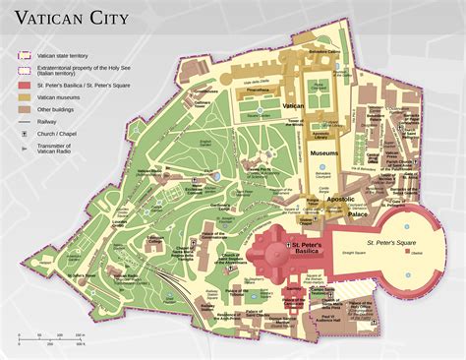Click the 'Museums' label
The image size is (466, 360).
point(324,154)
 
